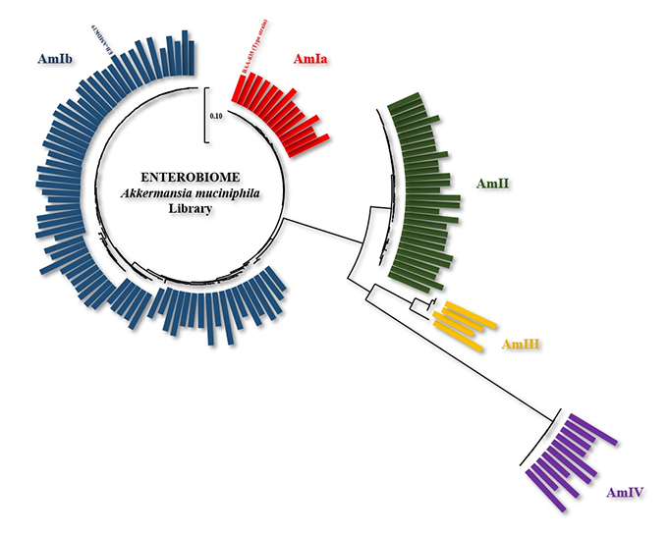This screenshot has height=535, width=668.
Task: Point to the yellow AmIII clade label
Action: [523, 345]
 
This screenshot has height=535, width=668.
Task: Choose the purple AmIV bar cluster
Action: [570, 461]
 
